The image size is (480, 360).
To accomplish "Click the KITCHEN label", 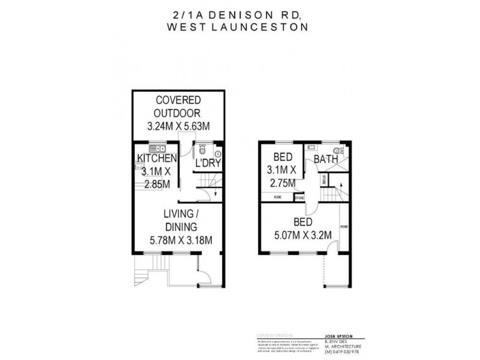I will point(157,158).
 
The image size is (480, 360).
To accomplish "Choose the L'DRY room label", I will point(207,163).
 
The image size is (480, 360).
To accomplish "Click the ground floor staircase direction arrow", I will point(215,193).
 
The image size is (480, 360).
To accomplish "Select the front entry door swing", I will point(205,276).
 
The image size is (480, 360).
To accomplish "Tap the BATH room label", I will point(326,159).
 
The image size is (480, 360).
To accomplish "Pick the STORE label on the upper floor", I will point(299,196).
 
